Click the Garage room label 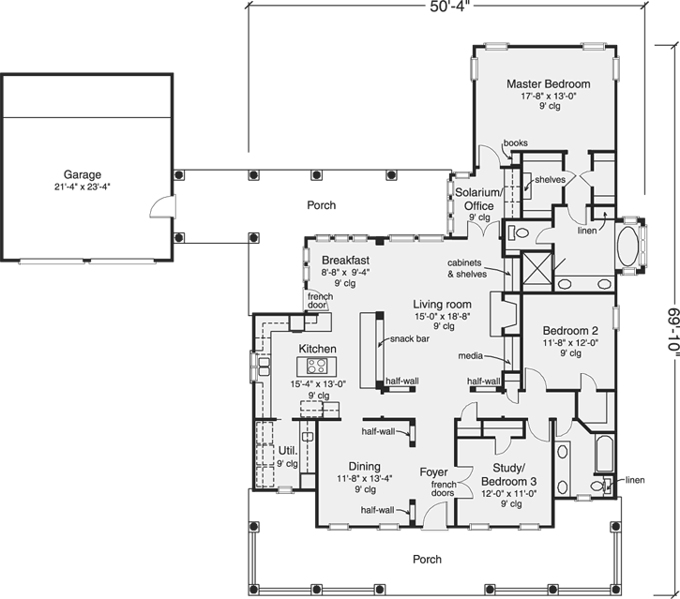(x=83, y=174)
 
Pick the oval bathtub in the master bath (x=627, y=248)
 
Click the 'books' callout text (x=515, y=143)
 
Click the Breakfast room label (x=343, y=260)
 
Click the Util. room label (x=287, y=451)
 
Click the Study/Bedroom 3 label (x=509, y=474)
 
